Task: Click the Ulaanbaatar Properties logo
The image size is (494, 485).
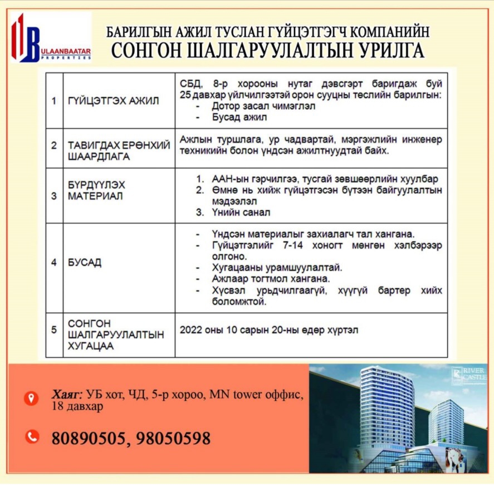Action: pyautogui.click(x=51, y=37)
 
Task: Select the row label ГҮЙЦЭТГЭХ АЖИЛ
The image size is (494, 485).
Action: pyautogui.click(x=113, y=101)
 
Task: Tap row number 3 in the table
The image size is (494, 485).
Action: pyautogui.click(x=54, y=196)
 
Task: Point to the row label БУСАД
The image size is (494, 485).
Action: pyautogui.click(x=85, y=263)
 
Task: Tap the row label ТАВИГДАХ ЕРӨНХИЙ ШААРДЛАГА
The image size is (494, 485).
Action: pyautogui.click(x=118, y=151)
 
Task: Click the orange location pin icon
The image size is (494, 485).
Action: pyautogui.click(x=32, y=397)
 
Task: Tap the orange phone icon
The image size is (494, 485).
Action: pyautogui.click(x=32, y=437)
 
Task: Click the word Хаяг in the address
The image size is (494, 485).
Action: pyautogui.click(x=66, y=395)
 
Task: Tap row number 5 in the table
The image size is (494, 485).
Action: pyautogui.click(x=54, y=330)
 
